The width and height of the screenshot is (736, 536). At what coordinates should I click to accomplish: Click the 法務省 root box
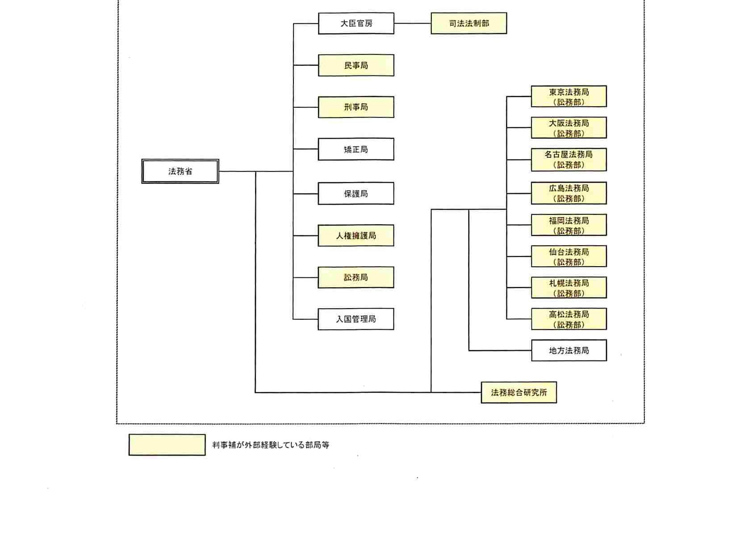[180, 171]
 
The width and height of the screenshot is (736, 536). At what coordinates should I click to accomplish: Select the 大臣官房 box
[356, 23]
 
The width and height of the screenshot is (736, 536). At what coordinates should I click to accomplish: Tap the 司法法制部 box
[468, 23]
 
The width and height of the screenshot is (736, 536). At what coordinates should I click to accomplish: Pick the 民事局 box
[356, 65]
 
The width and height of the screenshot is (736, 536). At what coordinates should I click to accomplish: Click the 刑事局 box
[356, 107]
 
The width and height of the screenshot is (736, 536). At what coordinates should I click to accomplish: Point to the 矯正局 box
[356, 149]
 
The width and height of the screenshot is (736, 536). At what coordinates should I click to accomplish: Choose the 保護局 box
[356, 193]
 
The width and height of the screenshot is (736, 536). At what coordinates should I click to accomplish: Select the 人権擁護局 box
[356, 235]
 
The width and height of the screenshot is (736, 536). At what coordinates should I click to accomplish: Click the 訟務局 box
[356, 277]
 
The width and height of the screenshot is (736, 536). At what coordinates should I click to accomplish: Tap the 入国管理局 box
[356, 319]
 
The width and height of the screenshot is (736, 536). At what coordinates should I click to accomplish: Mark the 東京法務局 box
[569, 96]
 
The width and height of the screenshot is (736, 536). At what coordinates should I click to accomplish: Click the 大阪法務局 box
[569, 128]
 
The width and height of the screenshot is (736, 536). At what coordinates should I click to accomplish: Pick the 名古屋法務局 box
[569, 159]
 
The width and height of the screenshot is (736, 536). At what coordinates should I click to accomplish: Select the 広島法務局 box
[569, 193]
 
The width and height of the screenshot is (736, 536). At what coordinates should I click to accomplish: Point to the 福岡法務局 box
[569, 225]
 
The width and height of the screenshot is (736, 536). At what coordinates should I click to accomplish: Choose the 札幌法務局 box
[569, 288]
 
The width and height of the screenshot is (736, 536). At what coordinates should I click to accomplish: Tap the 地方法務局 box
[569, 351]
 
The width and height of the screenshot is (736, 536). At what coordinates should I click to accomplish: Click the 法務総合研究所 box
[519, 393]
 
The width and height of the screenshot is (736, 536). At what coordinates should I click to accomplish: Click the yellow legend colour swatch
[167, 445]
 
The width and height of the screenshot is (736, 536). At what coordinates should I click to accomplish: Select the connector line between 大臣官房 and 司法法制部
[412, 23]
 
